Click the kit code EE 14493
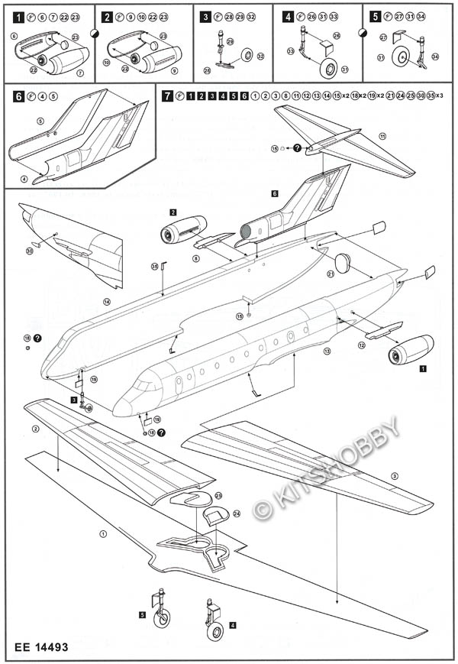tap(41, 646)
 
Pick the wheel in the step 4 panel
tap(330, 70)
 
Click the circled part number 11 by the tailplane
tap(382, 136)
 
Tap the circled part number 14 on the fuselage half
tap(107, 303)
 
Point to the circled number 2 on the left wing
tap(35, 429)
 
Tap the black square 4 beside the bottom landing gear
tap(233, 625)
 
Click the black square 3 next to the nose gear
tap(74, 399)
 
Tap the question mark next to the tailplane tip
tap(297, 148)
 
